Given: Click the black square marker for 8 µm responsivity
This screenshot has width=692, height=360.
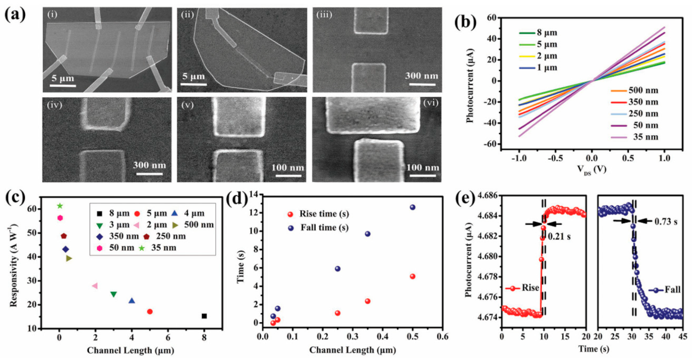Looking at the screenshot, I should (x=204, y=316).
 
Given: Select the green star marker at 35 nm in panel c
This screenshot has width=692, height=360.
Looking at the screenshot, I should (x=60, y=206).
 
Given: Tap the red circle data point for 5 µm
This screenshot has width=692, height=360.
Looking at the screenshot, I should (x=150, y=312).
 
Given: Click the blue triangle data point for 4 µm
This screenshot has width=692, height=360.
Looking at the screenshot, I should (x=131, y=301).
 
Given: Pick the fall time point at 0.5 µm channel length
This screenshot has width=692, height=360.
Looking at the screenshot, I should (x=412, y=207).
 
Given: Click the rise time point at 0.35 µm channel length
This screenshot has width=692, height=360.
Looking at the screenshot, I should (x=367, y=301).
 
